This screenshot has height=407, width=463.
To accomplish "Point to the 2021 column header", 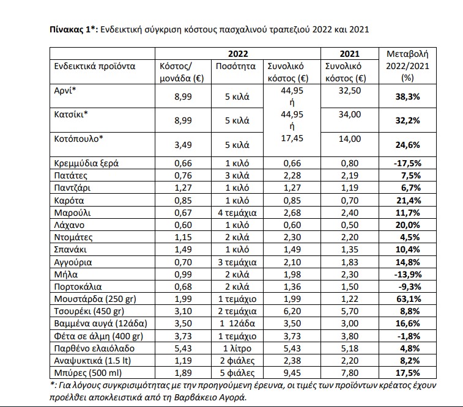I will [350, 54].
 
